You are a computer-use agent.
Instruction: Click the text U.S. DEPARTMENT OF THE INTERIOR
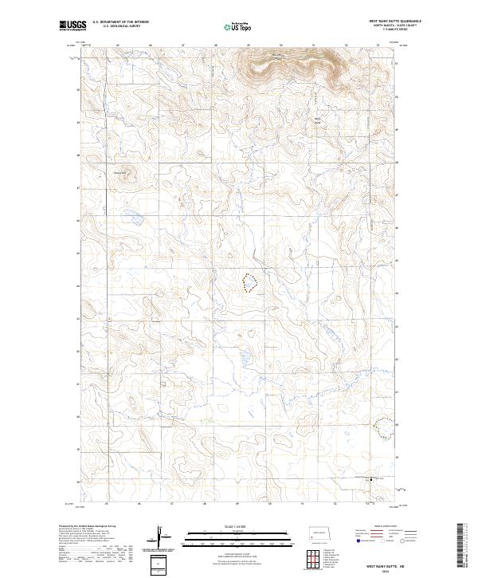pos(120,22)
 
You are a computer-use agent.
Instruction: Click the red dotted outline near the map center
pos(249,283)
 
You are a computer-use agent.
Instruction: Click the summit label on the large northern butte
pos(276,54)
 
